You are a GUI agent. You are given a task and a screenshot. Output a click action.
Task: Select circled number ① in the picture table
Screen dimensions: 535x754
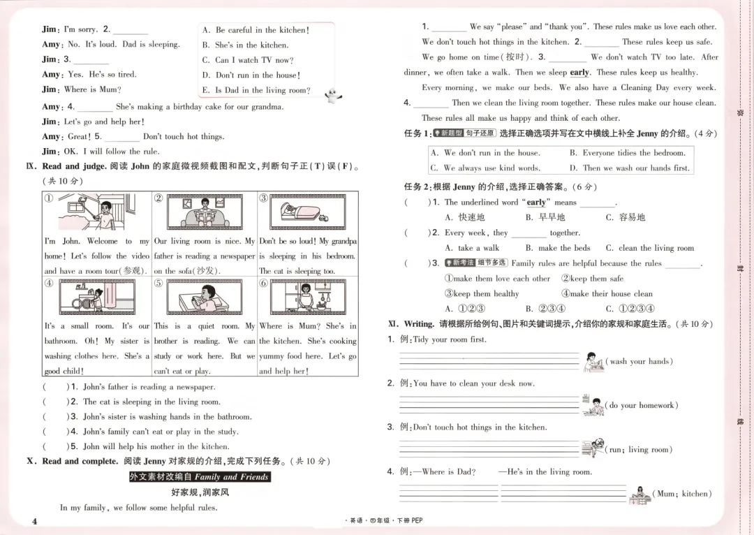point(49,198)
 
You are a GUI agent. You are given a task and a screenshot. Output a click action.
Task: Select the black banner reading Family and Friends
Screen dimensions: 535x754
point(199,476)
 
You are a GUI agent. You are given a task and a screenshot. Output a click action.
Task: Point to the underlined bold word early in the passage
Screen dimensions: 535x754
point(579,72)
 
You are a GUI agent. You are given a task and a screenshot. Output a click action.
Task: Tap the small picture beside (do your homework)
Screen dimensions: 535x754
point(593,405)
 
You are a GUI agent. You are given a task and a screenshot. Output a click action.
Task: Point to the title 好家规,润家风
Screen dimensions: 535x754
point(200,492)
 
